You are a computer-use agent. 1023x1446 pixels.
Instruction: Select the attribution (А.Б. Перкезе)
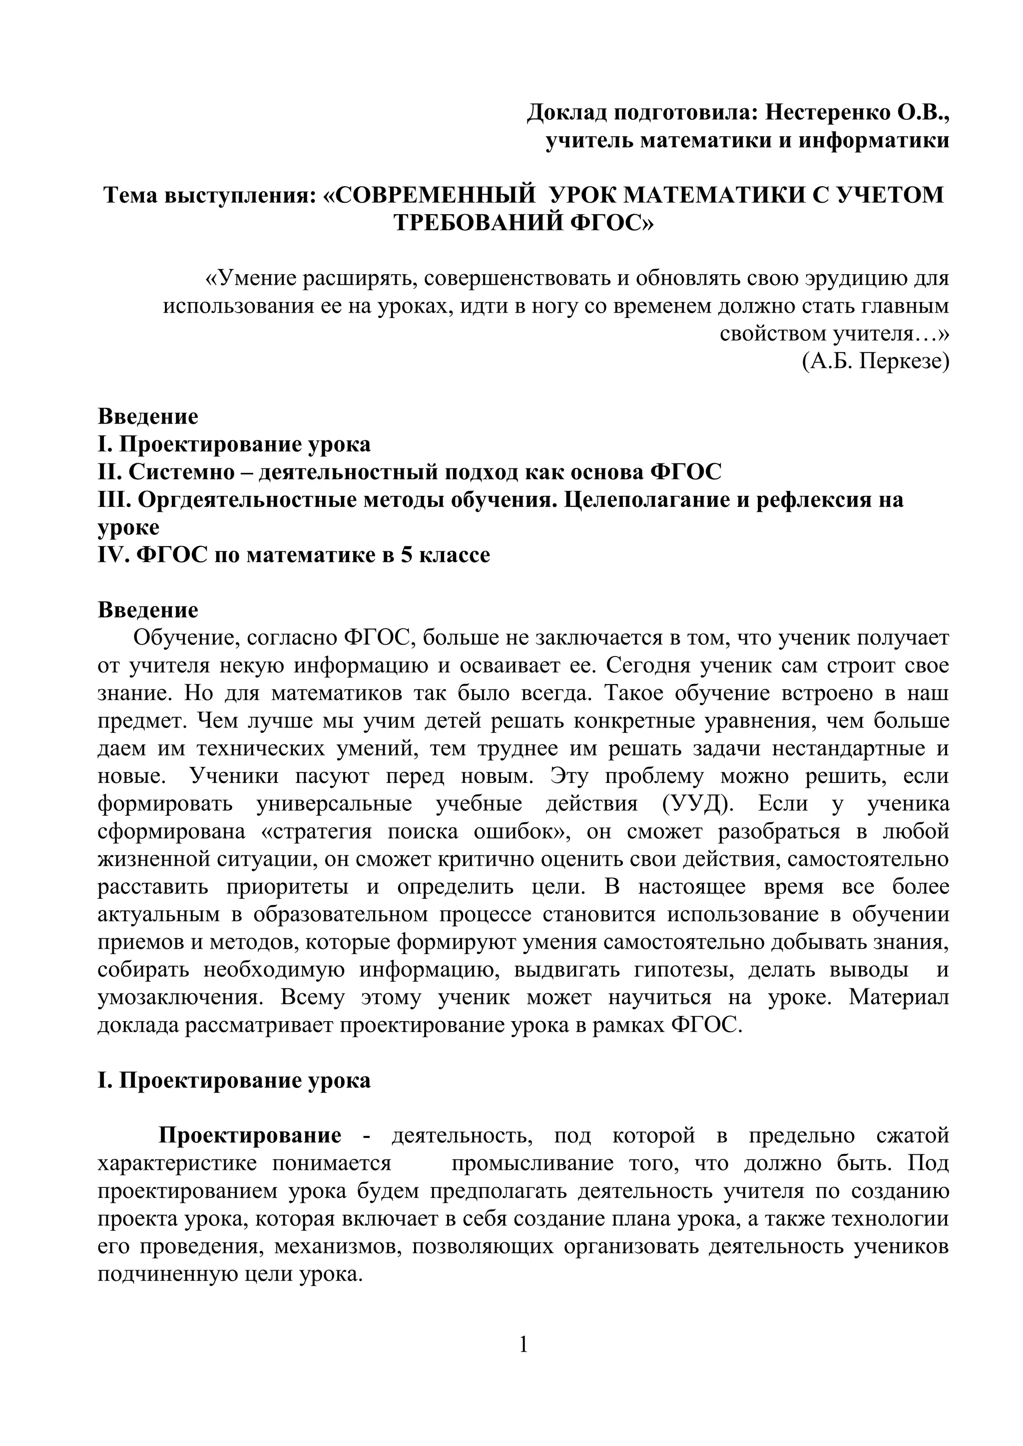[x=876, y=361]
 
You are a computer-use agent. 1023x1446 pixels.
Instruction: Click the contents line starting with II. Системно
[x=410, y=472]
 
